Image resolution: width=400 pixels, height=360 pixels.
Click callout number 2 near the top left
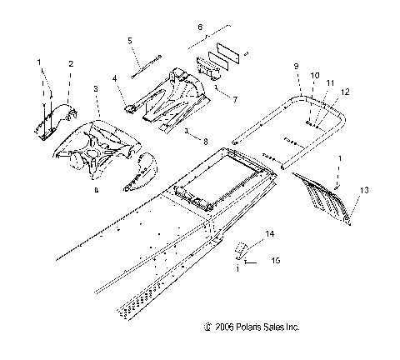pyautogui.click(x=70, y=63)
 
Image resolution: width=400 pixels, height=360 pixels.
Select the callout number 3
pyautogui.click(x=96, y=87)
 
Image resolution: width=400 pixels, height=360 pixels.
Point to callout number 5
pyautogui.click(x=129, y=41)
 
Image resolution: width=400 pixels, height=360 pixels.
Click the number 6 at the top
pyautogui.click(x=198, y=27)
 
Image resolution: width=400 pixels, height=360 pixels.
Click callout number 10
pyautogui.click(x=315, y=75)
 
